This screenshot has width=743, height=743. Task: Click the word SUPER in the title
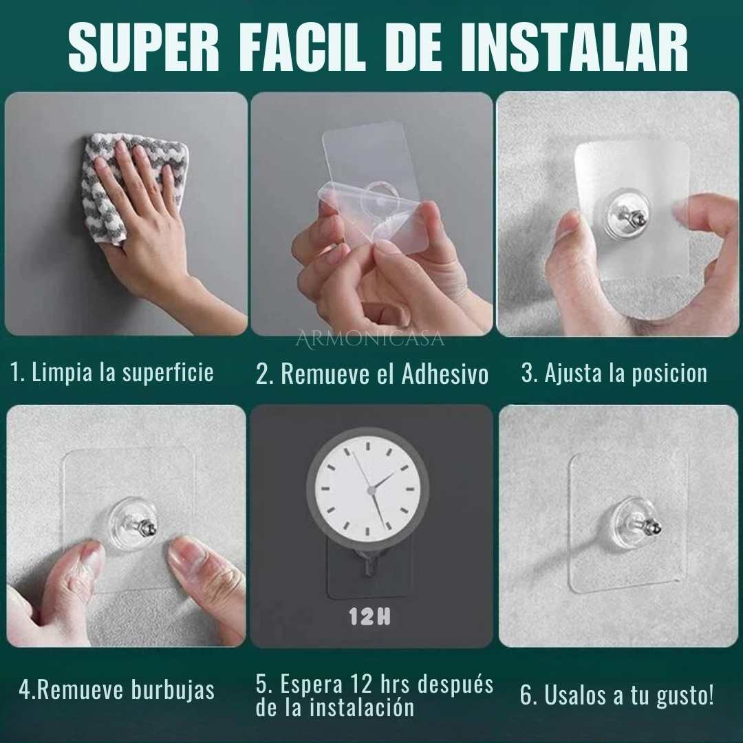[144, 47]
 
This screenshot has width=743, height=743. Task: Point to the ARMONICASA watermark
[370, 339]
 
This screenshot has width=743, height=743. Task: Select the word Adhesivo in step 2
[445, 374]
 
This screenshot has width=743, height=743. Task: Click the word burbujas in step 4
[173, 690]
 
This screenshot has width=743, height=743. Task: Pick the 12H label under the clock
[369, 616]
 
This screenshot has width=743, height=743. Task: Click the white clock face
[367, 488]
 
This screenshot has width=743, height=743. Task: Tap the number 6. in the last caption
[528, 695]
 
